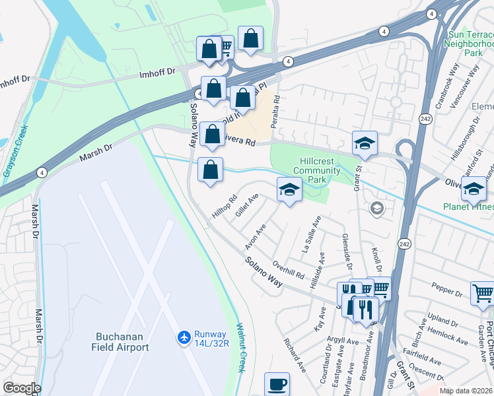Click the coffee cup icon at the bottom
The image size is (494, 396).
(x=277, y=383)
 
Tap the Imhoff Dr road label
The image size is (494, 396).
(x=158, y=72)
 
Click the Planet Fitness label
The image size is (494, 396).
(x=469, y=207)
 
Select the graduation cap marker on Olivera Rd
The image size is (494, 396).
(x=364, y=143)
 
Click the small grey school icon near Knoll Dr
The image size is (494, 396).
(x=376, y=209)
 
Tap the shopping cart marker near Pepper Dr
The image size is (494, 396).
(x=483, y=292)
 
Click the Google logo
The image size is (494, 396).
(x=22, y=388)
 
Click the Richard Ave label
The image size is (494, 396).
(x=293, y=354)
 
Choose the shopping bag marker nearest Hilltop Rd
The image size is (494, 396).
(x=210, y=170)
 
